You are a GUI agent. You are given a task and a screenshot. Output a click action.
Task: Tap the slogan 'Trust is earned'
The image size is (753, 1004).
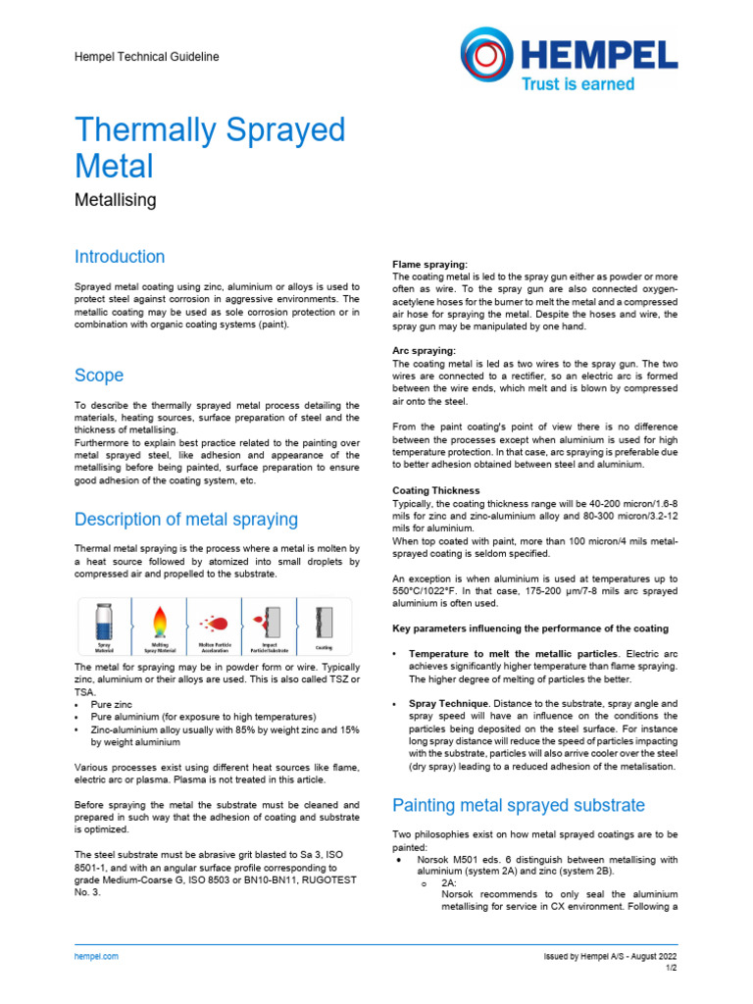click(577, 84)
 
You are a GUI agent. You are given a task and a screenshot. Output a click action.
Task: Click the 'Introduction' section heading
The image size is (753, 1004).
click(120, 257)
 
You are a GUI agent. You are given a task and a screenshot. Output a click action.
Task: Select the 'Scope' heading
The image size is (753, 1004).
click(99, 376)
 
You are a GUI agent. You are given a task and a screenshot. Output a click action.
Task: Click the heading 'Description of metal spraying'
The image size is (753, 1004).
click(186, 519)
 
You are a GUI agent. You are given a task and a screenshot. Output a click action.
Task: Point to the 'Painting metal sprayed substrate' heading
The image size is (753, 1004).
click(518, 805)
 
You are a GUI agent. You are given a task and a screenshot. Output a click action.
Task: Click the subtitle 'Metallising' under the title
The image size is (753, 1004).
click(116, 200)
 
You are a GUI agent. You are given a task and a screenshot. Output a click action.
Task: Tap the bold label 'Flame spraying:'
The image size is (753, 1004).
click(429, 265)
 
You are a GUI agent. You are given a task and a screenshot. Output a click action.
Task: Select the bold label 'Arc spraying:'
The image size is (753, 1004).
click(425, 350)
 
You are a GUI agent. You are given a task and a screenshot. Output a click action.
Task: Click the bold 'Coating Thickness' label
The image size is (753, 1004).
click(435, 490)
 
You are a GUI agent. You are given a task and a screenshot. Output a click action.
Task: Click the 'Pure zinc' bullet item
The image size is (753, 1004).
click(113, 705)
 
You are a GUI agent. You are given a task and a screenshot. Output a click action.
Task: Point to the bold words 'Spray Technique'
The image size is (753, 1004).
click(447, 704)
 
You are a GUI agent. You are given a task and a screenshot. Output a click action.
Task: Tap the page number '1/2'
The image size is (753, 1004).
click(671, 968)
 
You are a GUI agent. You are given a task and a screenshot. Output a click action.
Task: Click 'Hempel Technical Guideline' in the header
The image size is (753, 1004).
click(147, 57)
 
